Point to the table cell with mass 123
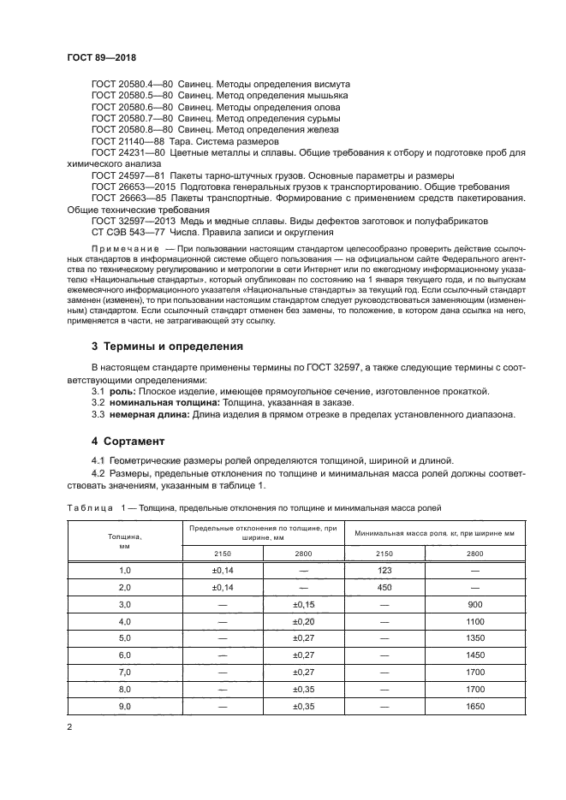pos(384,569)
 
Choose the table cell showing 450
pos(384,587)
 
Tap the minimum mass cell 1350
pos(475,638)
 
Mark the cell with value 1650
pos(475,706)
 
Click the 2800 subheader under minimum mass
pos(475,554)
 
